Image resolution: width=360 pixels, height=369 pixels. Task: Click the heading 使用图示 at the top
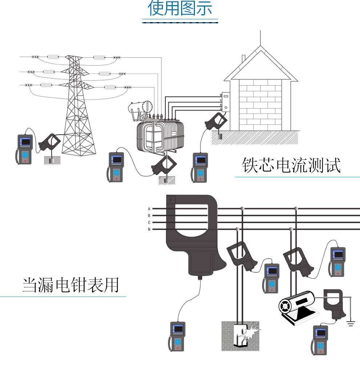click(180, 9)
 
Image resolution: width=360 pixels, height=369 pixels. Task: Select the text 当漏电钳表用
click(71, 285)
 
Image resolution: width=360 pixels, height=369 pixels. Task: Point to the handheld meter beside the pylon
click(25, 149)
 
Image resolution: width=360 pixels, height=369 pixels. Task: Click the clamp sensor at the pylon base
click(50, 142)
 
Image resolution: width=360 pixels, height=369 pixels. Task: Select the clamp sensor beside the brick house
click(216, 121)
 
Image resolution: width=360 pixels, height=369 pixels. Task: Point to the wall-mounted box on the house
click(226, 102)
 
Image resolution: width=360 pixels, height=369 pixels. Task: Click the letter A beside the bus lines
click(149, 209)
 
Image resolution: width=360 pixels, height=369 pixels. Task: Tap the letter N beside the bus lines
click(149, 229)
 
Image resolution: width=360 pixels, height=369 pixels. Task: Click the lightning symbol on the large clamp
click(171, 200)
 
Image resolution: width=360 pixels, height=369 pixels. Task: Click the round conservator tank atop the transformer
click(148, 106)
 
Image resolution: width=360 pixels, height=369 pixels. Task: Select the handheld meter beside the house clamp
click(200, 167)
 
